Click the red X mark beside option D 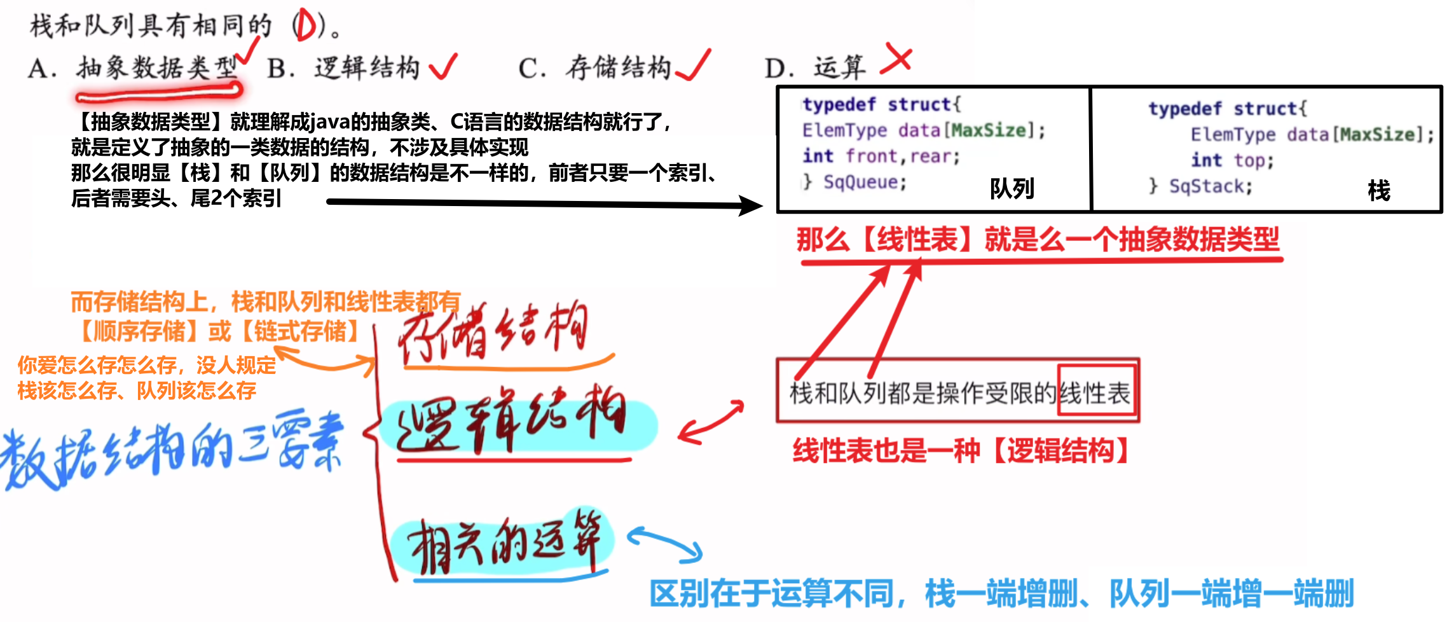point(897,60)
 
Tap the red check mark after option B point(443,66)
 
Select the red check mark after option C point(694,66)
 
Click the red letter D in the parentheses point(305,27)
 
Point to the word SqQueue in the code point(865,183)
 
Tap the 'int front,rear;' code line point(881,156)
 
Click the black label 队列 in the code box point(1012,188)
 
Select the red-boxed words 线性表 point(1097,393)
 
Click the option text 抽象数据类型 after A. point(156,67)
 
